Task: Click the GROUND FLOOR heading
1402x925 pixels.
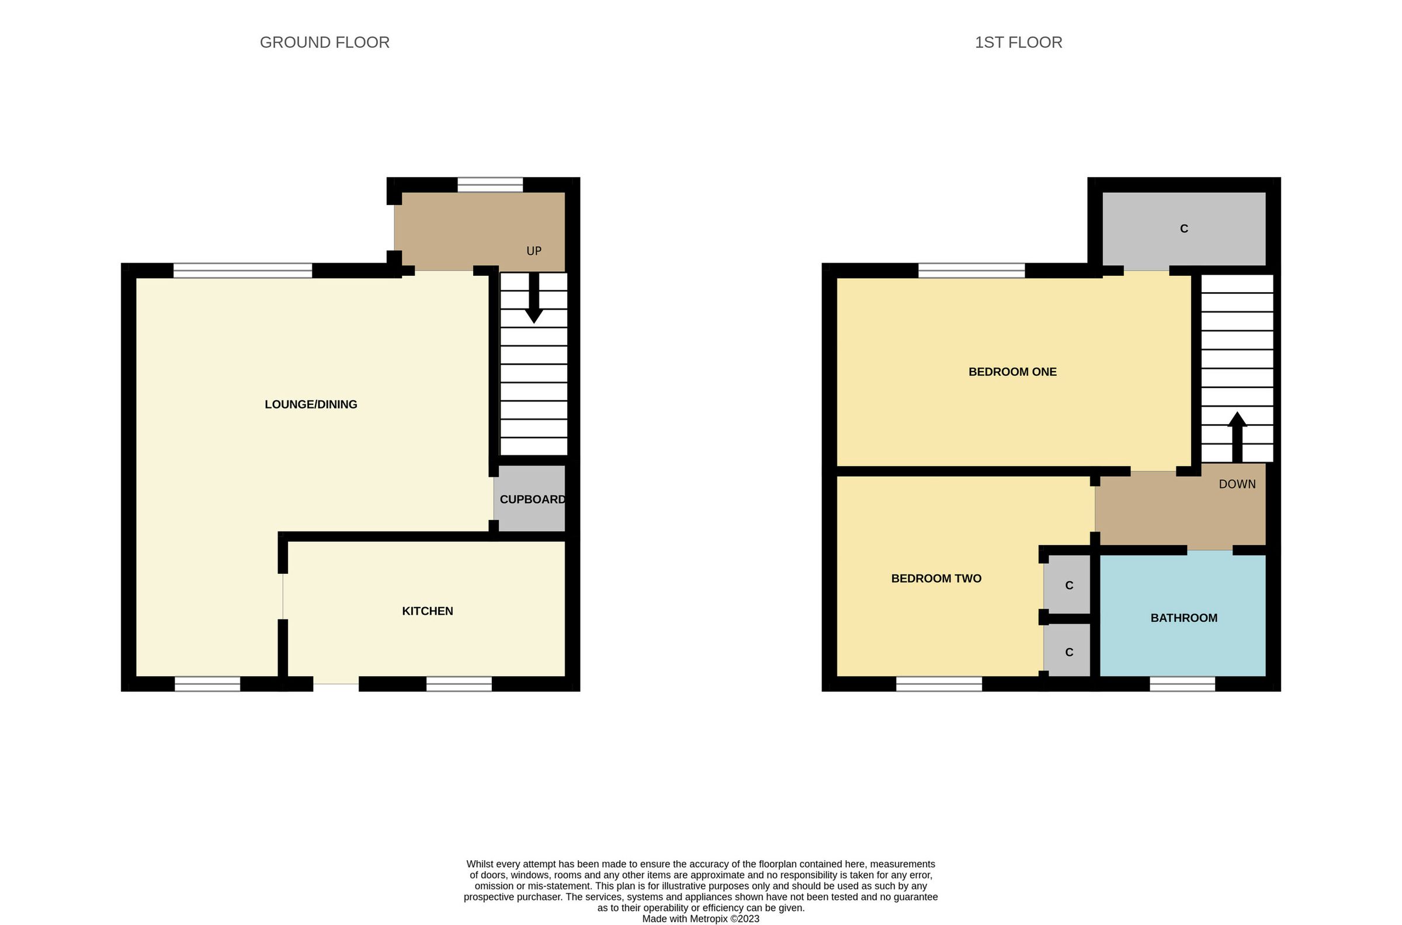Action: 324,43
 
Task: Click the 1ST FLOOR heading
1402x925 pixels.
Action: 1018,43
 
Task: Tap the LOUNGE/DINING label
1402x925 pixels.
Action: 311,405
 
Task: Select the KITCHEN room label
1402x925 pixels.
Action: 428,611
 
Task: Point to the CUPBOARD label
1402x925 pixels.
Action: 532,500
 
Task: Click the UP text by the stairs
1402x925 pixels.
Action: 533,251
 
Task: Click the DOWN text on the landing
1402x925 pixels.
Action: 1237,484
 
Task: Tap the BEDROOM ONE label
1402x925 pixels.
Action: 1012,372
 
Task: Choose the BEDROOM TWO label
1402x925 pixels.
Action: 936,578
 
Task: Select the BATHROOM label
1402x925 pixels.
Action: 1184,618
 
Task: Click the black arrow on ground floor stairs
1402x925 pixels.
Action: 533,298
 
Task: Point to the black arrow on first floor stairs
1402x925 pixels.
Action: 1237,436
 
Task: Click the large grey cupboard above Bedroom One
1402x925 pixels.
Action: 1184,229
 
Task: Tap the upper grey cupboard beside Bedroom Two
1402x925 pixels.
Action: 1068,586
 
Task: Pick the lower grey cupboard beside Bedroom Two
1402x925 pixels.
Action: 1068,652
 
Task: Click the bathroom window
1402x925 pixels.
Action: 1182,684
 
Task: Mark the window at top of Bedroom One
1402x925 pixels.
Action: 971,271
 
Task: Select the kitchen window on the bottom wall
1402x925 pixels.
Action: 459,684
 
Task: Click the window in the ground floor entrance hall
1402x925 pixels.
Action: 490,185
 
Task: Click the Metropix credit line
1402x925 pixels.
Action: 700,919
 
